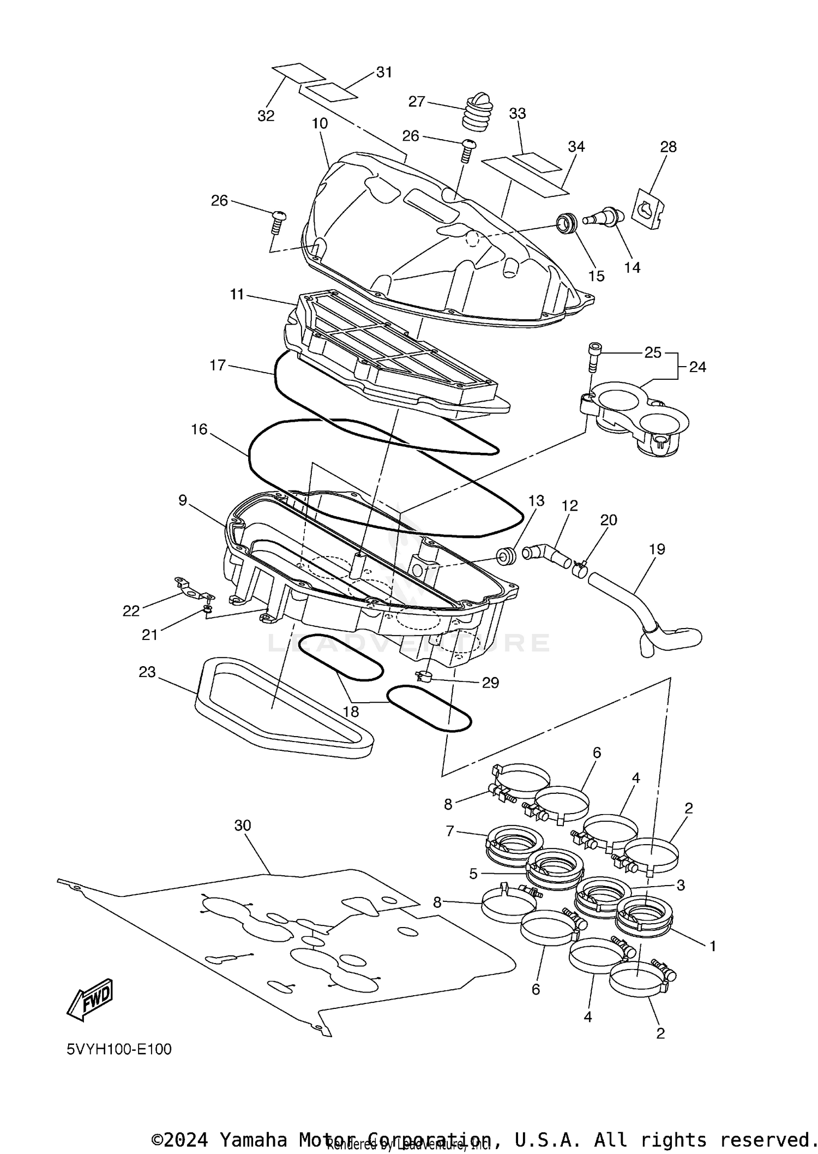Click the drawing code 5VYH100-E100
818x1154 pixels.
119,1049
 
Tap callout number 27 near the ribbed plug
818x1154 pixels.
417,102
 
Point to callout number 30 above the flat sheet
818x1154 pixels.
243,826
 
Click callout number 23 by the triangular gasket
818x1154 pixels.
147,672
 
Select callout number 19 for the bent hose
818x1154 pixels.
657,549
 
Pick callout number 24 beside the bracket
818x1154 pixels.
697,367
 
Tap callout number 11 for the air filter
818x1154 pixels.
237,295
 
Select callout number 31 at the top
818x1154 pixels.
384,72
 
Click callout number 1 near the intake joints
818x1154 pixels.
712,946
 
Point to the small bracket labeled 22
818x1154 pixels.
191,590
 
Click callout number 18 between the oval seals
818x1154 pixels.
351,711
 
